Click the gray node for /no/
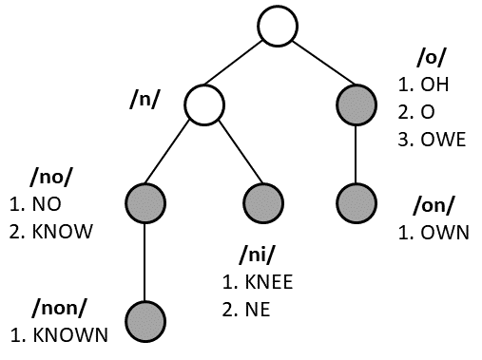[x=145, y=201]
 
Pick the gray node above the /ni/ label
[x=263, y=201]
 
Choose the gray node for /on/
[x=357, y=201]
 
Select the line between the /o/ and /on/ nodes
[x=357, y=152]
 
